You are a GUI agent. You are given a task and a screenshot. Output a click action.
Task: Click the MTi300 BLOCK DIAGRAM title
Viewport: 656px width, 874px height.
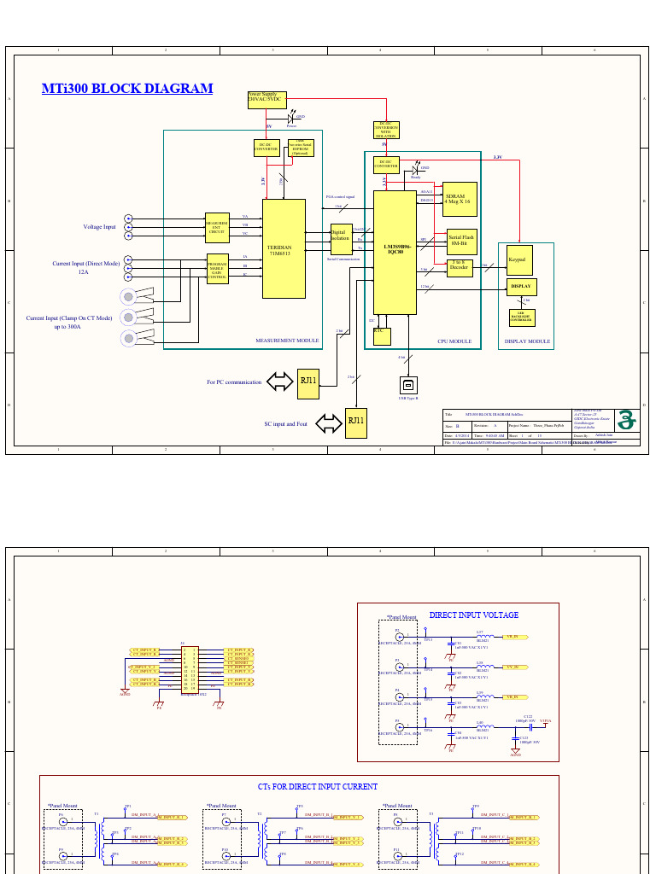tap(127, 89)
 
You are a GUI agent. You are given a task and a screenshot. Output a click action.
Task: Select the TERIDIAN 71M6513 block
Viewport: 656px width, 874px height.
tap(284, 248)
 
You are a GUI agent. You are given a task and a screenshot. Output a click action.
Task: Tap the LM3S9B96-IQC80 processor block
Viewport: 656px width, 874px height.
tap(395, 252)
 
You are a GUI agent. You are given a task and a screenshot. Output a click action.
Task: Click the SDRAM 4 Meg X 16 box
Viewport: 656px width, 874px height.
tap(460, 199)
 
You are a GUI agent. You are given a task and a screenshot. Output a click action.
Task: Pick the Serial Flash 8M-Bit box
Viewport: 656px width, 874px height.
tap(461, 240)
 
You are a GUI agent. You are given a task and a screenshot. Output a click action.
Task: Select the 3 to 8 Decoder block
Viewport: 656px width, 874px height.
tap(460, 267)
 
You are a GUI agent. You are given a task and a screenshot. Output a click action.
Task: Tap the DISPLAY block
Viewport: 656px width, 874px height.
tap(521, 287)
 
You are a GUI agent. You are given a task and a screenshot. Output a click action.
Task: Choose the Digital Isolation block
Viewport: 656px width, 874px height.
tap(341, 238)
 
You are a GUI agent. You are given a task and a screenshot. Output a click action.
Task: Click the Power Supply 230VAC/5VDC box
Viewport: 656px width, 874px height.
tap(266, 100)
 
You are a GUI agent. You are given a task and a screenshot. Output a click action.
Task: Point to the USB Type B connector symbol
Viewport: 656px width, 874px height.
tap(408, 385)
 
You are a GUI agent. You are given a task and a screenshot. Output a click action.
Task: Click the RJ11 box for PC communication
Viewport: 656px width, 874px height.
tap(307, 382)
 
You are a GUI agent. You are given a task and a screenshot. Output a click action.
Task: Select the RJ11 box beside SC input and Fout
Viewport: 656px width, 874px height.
tap(355, 422)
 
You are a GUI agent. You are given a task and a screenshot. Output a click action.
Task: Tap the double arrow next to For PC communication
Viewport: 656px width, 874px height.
tap(279, 382)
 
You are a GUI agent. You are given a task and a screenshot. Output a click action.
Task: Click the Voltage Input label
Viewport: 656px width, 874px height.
tap(99, 227)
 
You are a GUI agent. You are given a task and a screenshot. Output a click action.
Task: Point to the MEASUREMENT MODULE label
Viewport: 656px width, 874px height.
tap(287, 341)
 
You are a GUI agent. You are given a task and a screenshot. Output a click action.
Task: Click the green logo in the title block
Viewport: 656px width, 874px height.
tap(628, 419)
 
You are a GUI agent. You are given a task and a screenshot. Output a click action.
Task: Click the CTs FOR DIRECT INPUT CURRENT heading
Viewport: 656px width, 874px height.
tap(318, 786)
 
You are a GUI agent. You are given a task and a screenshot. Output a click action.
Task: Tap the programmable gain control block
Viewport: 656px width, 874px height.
tap(218, 269)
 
